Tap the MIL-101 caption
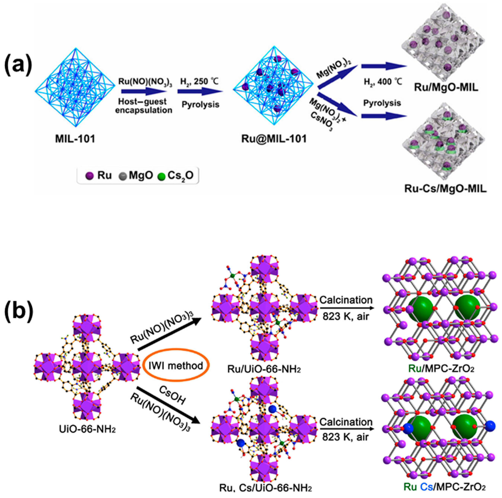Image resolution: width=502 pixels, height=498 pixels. coord(75,139)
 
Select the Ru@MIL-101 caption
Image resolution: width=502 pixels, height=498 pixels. coord(274,139)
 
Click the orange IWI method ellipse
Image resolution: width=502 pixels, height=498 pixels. coord(176,366)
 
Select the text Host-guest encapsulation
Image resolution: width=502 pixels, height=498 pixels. coord(144,106)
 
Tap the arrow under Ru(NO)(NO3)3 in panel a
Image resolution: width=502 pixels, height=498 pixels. coord(144,92)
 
